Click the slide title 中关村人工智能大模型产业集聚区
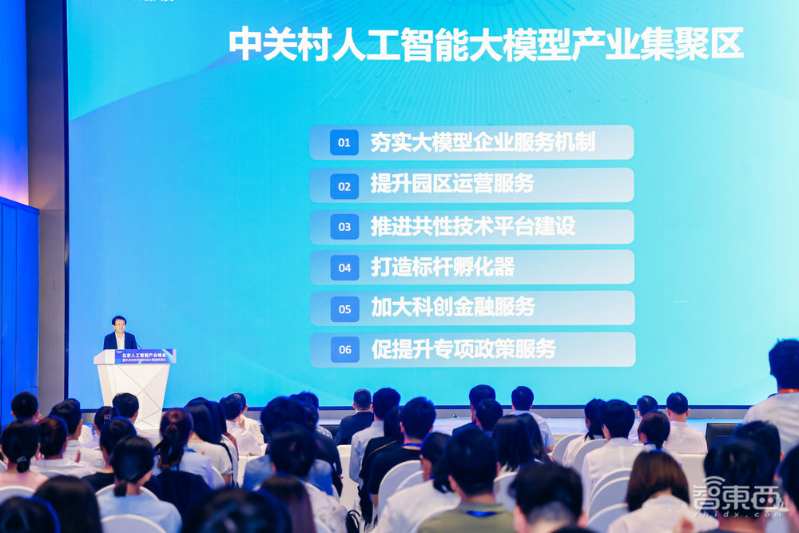tap(486, 44)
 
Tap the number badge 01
tap(344, 143)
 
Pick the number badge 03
tap(344, 227)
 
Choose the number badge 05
tap(344, 308)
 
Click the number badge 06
tap(344, 349)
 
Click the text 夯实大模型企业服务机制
tap(483, 143)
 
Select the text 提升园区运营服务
tap(452, 185)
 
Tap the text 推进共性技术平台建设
tap(472, 226)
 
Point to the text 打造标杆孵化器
tap(442, 267)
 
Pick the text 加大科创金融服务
tap(452, 308)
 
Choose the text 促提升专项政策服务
tap(463, 349)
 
